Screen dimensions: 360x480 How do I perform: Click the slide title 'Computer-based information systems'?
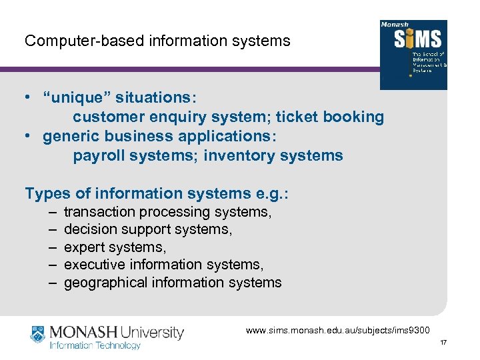157,41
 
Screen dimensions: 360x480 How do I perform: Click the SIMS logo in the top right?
413,55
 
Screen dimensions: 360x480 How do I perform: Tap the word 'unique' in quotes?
76,98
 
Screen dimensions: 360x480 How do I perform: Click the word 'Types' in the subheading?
47,194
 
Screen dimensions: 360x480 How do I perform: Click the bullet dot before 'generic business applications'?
29,137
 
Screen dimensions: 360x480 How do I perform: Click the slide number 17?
443,343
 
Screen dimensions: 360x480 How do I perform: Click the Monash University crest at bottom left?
39,336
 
